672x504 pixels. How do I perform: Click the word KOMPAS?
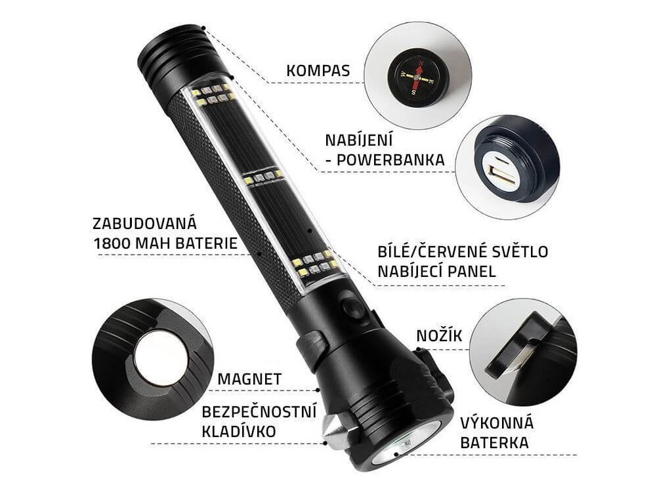click(x=318, y=71)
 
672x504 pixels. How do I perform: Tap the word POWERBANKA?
click(x=390, y=160)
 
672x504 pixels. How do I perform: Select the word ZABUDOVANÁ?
click(x=145, y=223)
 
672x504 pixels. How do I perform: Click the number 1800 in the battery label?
click(x=112, y=243)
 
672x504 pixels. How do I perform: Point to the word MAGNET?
click(x=249, y=379)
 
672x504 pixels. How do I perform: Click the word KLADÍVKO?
click(x=239, y=431)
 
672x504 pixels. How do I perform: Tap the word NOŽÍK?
click(x=439, y=335)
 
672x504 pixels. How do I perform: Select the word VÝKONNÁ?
click(x=497, y=423)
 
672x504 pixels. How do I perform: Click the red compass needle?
click(x=417, y=77)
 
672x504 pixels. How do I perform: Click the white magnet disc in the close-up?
click(x=161, y=357)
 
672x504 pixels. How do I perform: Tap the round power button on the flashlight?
click(x=353, y=307)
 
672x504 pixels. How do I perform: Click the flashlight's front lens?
click(x=405, y=444)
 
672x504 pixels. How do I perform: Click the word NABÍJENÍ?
click(x=359, y=140)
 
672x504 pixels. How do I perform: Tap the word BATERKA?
click(x=494, y=443)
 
